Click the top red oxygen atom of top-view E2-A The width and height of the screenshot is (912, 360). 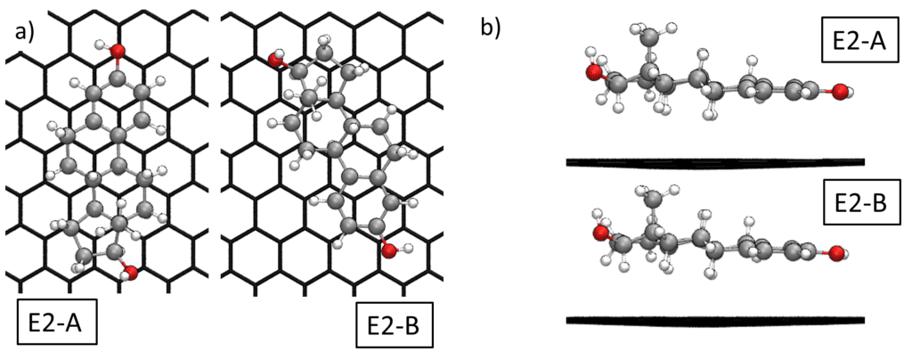point(118,53)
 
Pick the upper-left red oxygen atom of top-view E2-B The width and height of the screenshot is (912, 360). point(275,60)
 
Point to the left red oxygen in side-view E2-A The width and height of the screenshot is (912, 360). point(593,72)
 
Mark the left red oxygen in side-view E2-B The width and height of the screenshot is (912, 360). point(598,233)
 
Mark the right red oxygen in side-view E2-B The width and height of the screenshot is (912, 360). point(835,255)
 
